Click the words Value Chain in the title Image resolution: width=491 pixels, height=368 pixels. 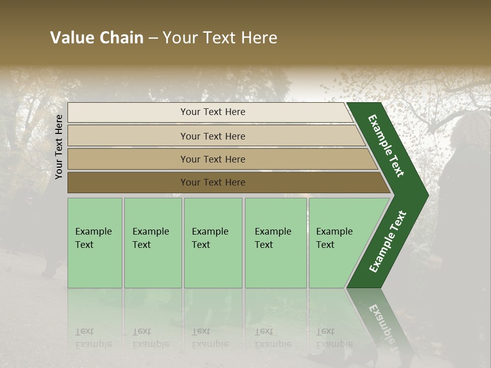point(97,38)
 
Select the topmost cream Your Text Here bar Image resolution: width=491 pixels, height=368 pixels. point(212,112)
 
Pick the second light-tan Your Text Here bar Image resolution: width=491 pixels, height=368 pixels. point(212,136)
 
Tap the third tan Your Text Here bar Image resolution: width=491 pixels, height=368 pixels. point(212,159)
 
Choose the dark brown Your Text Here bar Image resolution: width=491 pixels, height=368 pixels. point(212,182)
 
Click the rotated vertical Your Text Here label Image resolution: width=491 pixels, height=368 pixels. point(59,147)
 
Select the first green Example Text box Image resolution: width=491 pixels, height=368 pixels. point(95,243)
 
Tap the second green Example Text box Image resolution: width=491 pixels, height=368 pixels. point(152,243)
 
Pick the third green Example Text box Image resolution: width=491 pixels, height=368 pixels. point(212,243)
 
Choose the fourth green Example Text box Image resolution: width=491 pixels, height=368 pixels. point(275,243)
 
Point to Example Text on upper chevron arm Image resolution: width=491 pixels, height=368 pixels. point(387,146)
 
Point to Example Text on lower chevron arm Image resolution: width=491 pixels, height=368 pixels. point(388,241)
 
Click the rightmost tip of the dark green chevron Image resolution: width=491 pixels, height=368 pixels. point(427,195)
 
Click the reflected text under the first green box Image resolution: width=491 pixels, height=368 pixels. point(93,338)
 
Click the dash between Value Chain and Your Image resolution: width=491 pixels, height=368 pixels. point(152,38)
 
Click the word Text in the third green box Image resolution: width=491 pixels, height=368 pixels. point(200,245)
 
